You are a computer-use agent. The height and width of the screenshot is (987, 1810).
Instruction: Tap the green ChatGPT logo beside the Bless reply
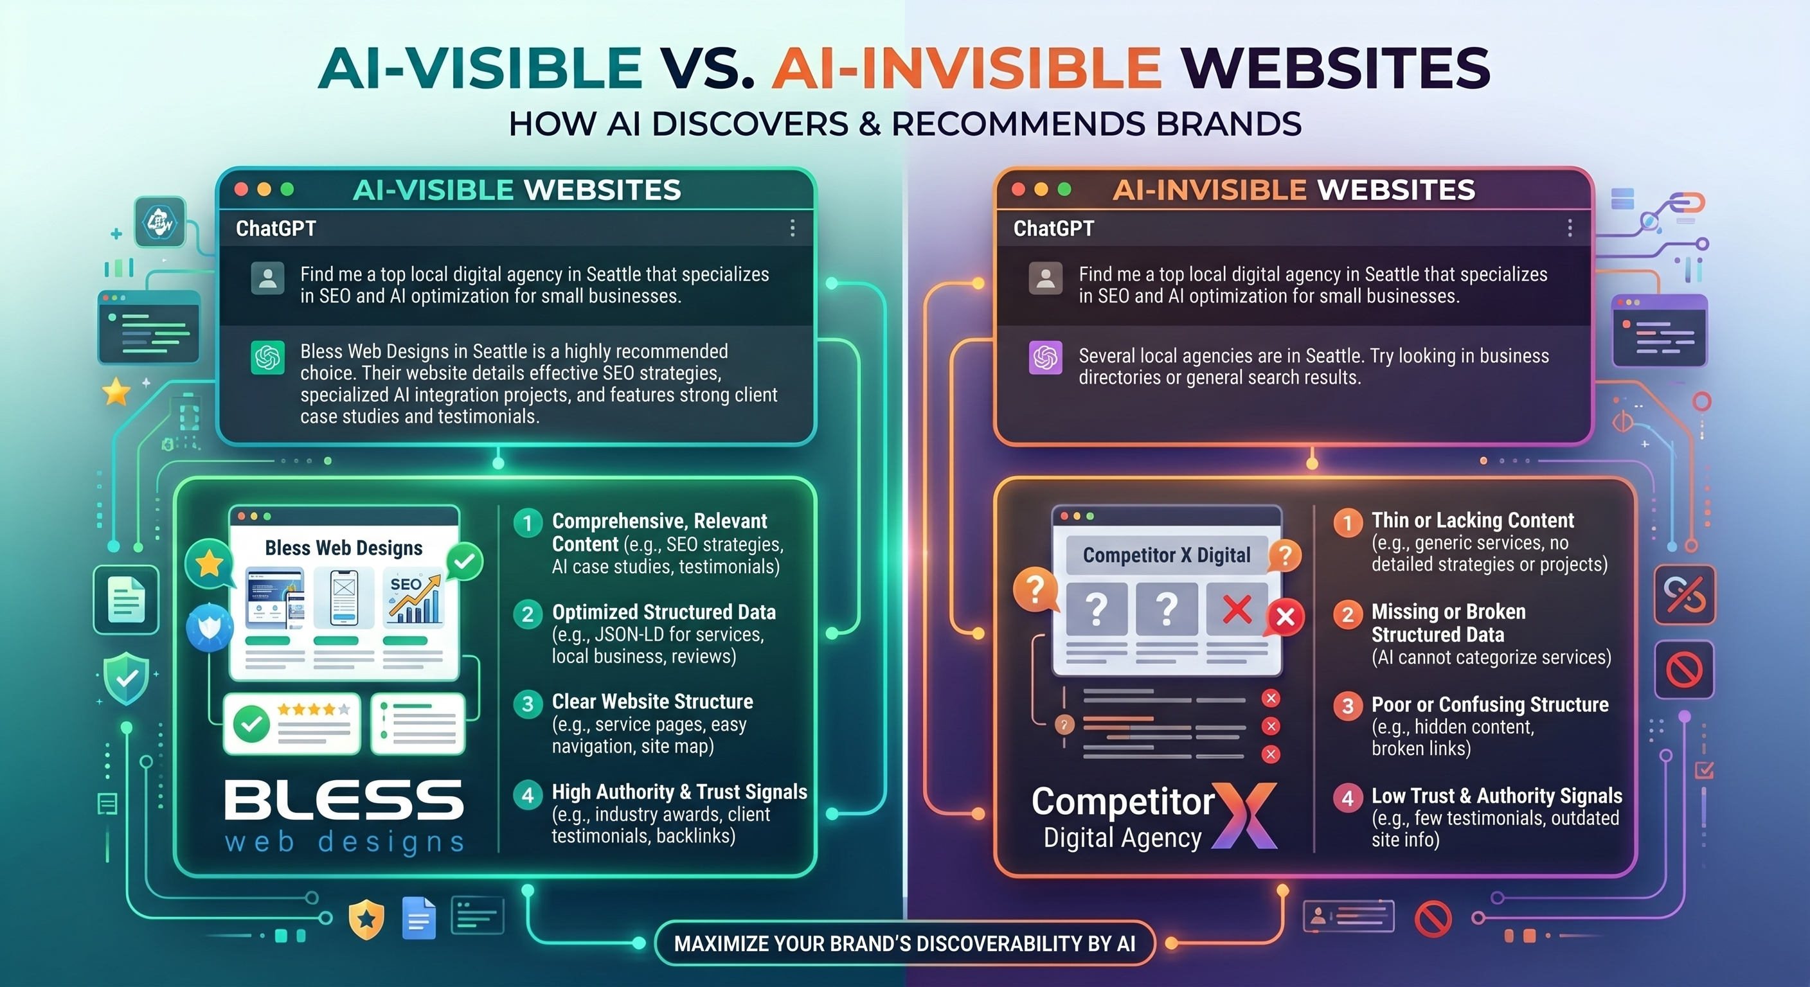[x=267, y=357]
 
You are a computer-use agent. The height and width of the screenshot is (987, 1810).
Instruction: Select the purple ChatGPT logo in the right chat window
[x=1046, y=357]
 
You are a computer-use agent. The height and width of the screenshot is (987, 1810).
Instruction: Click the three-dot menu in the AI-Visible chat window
[x=793, y=227]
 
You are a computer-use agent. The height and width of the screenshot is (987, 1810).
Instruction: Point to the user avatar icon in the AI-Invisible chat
[x=1046, y=278]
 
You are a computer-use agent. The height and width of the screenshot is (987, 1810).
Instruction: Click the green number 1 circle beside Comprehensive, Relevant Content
[x=528, y=523]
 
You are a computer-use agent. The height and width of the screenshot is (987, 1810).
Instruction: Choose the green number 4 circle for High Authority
[x=528, y=796]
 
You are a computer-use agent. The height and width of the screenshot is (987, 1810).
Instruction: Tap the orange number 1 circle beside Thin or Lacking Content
[x=1348, y=523]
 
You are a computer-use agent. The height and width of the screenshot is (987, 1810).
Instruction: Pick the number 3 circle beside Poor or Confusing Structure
[x=1348, y=706]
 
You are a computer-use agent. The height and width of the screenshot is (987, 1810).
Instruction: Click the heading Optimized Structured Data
[x=664, y=612]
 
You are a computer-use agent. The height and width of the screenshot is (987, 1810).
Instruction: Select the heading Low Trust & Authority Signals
[x=1496, y=796]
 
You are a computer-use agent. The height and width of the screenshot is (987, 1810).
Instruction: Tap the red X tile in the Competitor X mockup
[x=1237, y=609]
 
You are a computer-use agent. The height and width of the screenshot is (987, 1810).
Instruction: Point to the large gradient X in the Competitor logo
[x=1245, y=815]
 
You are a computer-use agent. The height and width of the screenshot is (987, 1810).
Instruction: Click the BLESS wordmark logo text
[x=345, y=800]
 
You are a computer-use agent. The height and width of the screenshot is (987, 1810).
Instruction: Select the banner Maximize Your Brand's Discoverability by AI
[x=904, y=943]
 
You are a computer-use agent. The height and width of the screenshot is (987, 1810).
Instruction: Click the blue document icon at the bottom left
[x=419, y=918]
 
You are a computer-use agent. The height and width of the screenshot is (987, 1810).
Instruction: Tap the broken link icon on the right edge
[x=1685, y=594]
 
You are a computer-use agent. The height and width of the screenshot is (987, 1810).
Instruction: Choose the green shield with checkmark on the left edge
[x=127, y=678]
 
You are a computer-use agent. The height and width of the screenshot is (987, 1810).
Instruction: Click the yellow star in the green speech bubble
[x=210, y=564]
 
